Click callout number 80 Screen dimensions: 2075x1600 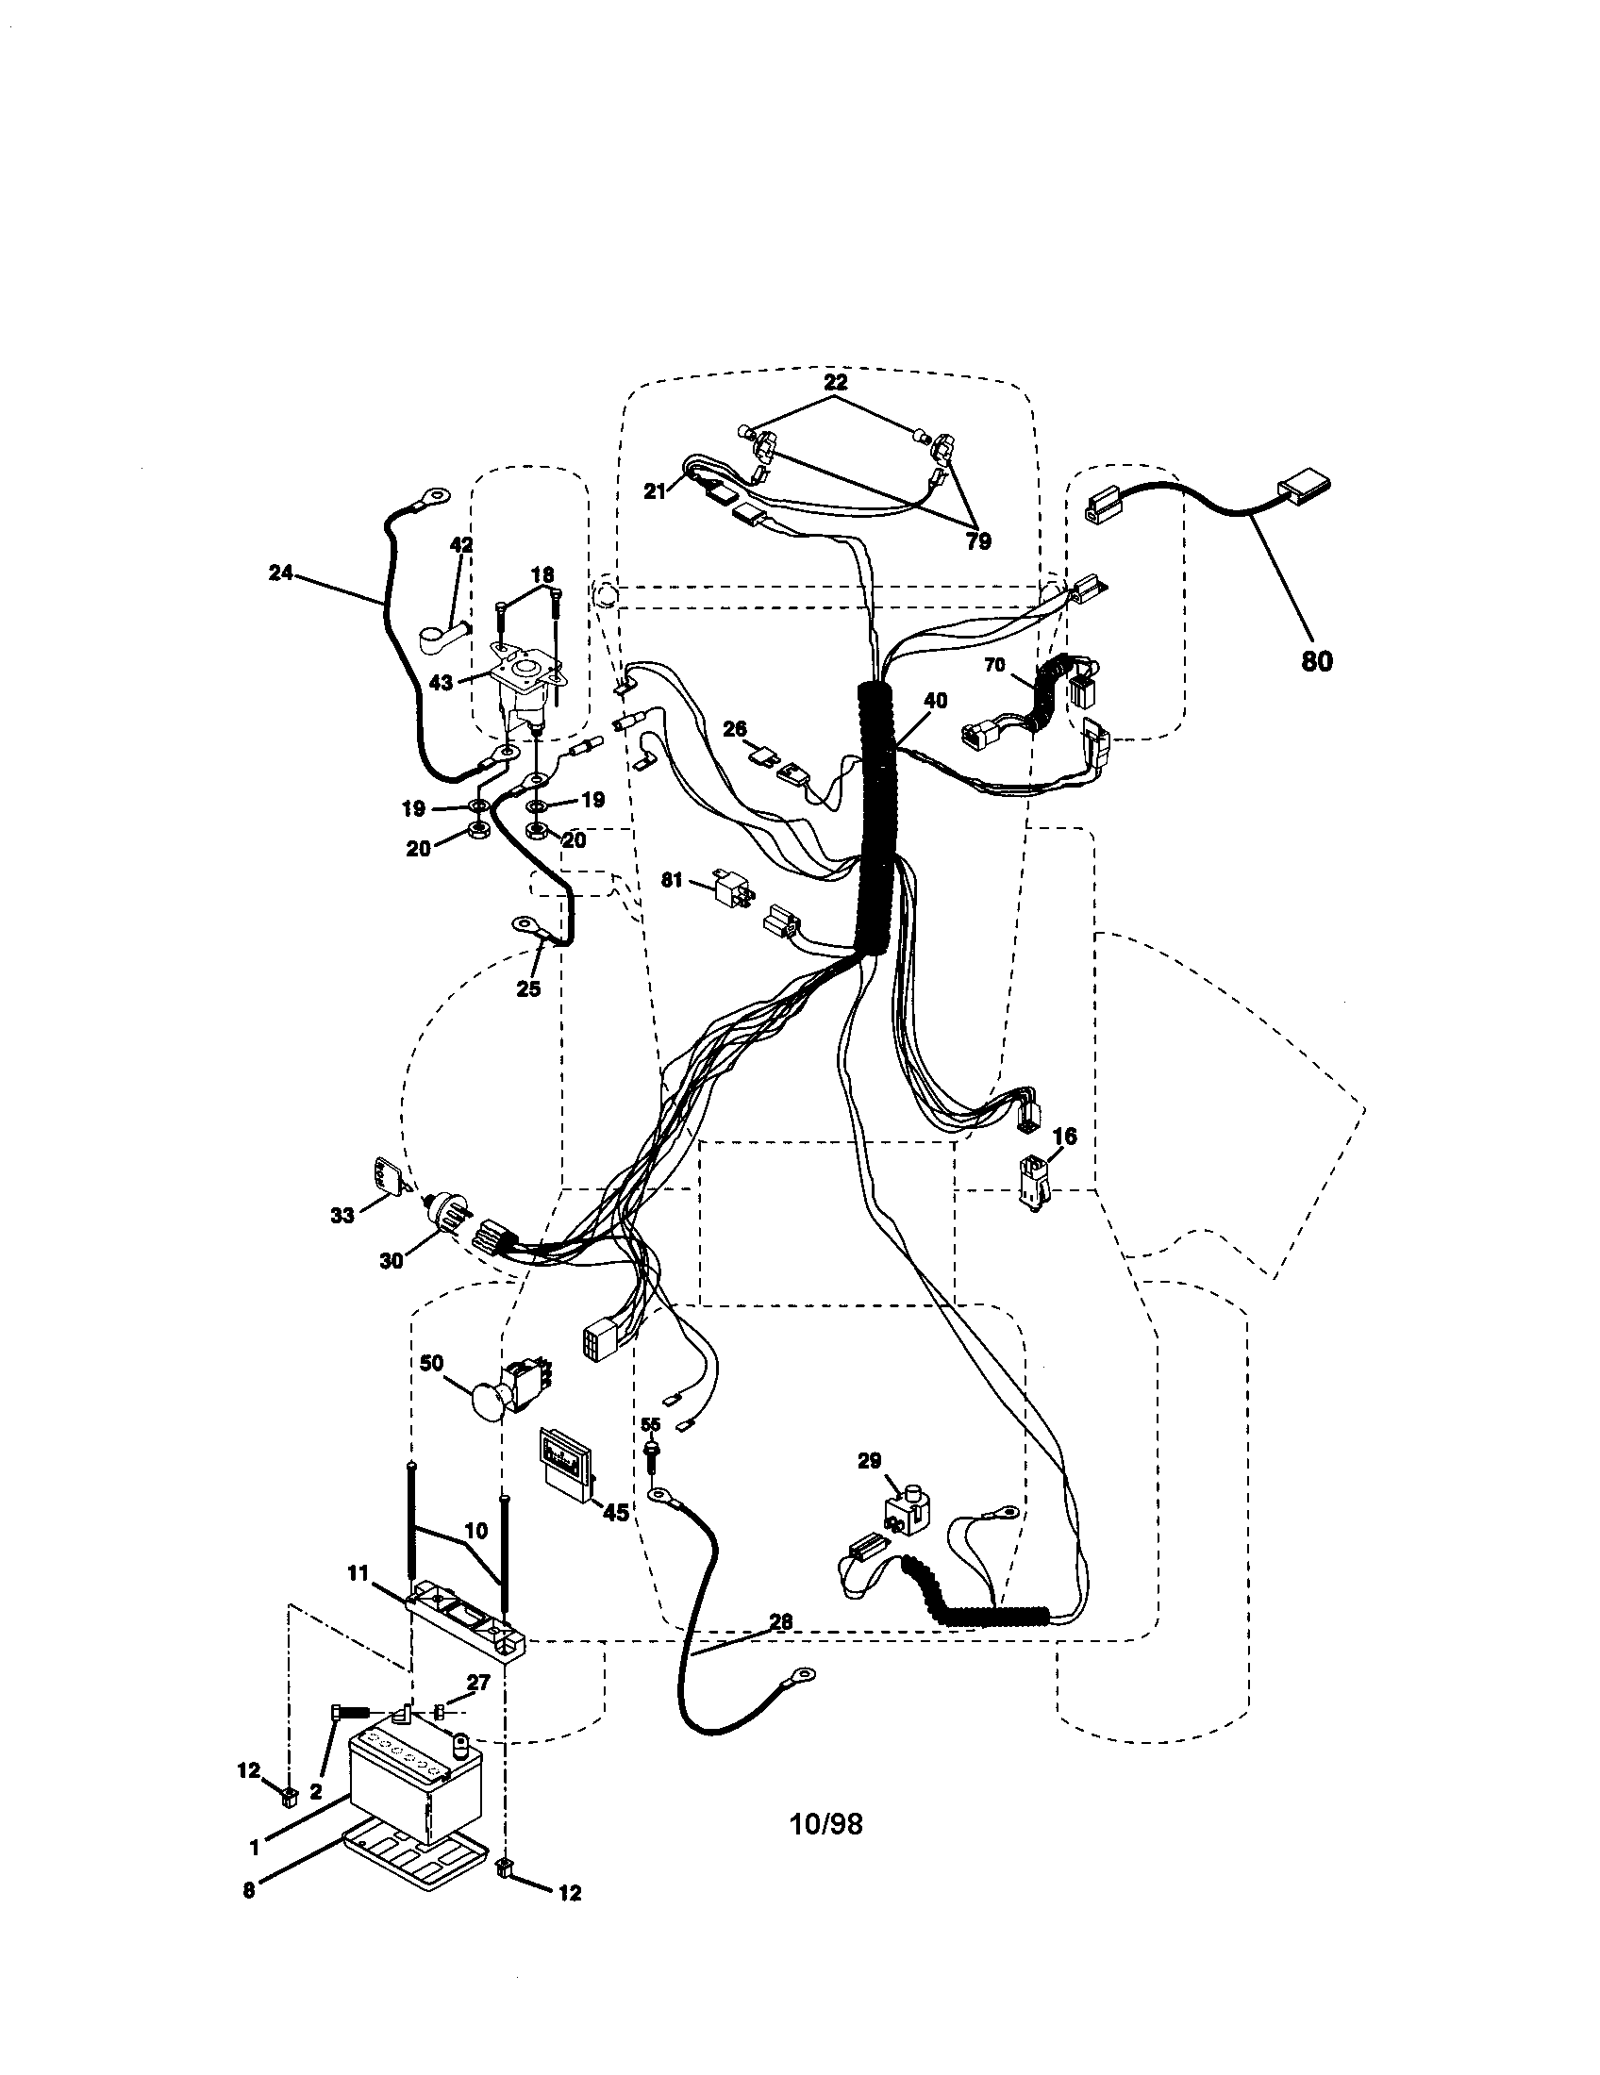1316,660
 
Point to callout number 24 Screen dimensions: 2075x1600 280,573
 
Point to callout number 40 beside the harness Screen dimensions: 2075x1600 935,701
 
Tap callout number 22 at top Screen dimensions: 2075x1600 835,383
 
